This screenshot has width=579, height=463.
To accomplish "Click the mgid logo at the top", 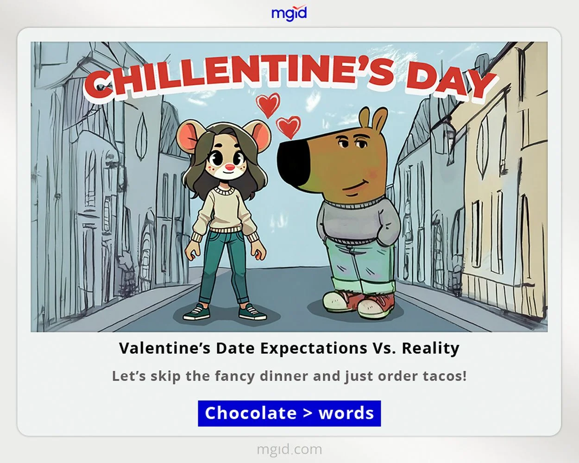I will coord(289,13).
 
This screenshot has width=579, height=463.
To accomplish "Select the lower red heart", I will coord(288,126).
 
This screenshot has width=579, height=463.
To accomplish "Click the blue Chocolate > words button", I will coord(289,413).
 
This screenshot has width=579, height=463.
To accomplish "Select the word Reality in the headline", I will coord(430,348).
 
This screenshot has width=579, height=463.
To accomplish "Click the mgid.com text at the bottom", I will coord(289,449).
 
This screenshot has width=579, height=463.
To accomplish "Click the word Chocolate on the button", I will coord(251,413).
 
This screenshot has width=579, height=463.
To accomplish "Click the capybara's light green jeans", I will coord(357,264).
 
